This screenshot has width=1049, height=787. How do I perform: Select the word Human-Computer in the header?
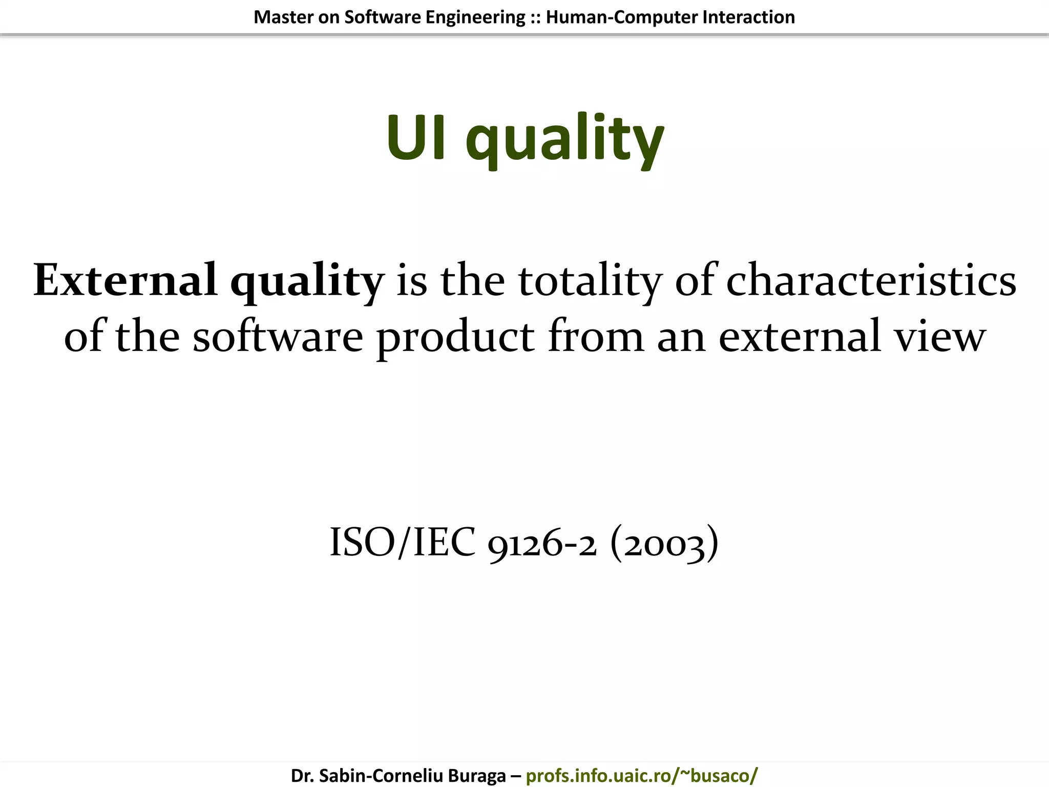click(x=621, y=17)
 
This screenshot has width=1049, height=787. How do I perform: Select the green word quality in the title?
click(x=564, y=141)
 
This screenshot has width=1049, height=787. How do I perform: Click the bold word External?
click(x=125, y=280)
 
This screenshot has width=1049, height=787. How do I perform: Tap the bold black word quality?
click(x=306, y=283)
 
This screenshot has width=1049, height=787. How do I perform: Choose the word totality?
click(x=590, y=282)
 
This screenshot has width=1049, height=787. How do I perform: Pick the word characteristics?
click(x=871, y=281)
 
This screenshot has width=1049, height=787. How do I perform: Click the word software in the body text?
click(x=278, y=337)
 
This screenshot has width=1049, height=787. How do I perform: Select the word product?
click(x=455, y=338)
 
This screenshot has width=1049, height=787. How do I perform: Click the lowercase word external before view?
click(x=800, y=337)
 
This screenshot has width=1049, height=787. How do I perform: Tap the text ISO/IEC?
click(x=403, y=542)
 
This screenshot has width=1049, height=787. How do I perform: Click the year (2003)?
click(x=664, y=543)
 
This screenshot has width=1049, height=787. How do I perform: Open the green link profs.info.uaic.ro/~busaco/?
click(x=641, y=776)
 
